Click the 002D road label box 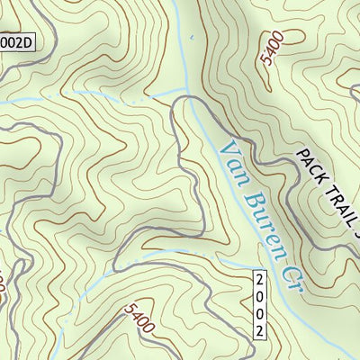coord(15,42)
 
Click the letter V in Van coord(225,143)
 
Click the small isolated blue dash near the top coord(189,39)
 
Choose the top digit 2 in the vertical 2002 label coord(261,280)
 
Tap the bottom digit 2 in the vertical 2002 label coord(261,331)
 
